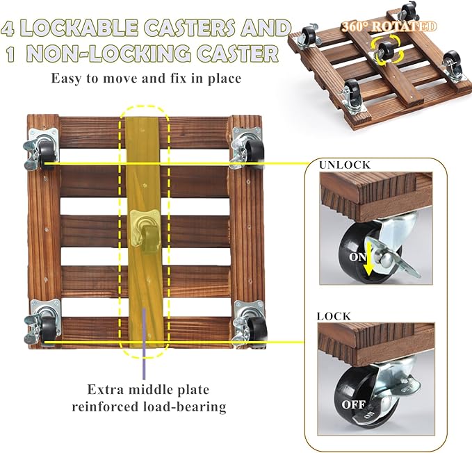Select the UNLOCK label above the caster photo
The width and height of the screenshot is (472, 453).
[345, 165]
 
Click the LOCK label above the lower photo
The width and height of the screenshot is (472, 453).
[334, 316]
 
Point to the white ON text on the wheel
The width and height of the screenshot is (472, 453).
[357, 257]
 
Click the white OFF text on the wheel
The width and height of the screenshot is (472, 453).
[353, 404]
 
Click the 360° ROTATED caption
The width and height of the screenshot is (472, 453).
[389, 26]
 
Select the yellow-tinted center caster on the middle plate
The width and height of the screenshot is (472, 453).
[145, 229]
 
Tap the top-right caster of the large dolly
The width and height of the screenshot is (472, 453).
[248, 147]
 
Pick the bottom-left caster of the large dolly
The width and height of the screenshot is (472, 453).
[42, 322]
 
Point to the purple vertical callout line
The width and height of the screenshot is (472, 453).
[144, 343]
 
